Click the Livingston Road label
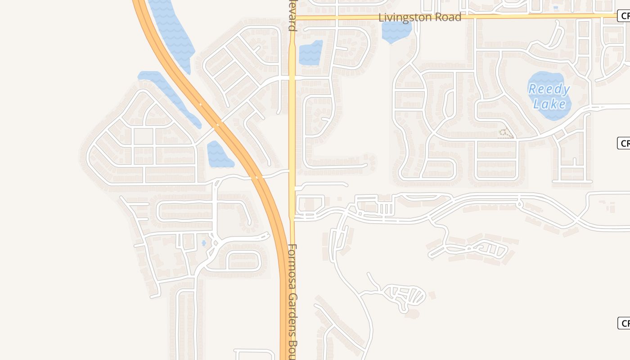420,18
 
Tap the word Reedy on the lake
549,89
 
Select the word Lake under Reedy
549,104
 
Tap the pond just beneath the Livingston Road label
396,31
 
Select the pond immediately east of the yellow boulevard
310,53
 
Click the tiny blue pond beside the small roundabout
204,243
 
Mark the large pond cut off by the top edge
171,31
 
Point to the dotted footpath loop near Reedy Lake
506,133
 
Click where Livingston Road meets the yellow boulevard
292,18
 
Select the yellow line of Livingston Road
517,16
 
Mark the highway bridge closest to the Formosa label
259,177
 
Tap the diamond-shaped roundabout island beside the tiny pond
215,243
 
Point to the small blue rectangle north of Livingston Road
556,8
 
